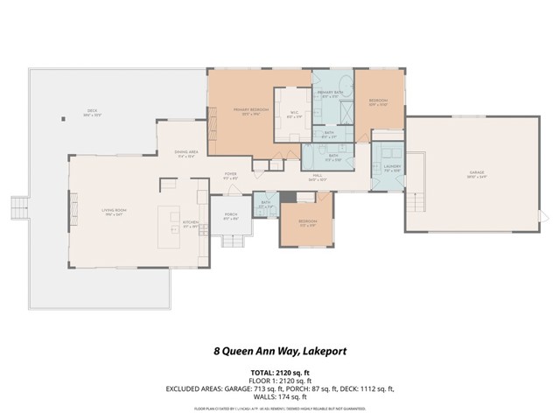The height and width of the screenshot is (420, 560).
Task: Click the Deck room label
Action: coord(92,112)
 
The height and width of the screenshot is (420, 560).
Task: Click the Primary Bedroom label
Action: coord(248,111)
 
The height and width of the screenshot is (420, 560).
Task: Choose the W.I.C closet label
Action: coord(291,115)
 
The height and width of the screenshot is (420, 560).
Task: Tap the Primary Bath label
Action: coord(329,95)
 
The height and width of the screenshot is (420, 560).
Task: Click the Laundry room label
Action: coord(390,169)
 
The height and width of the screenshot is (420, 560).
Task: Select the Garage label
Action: coord(476,176)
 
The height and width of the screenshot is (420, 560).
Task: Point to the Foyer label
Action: coord(231,175)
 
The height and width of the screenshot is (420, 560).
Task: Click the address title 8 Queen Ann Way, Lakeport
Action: coord(279,351)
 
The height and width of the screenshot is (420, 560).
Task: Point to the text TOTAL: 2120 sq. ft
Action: coord(279,372)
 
